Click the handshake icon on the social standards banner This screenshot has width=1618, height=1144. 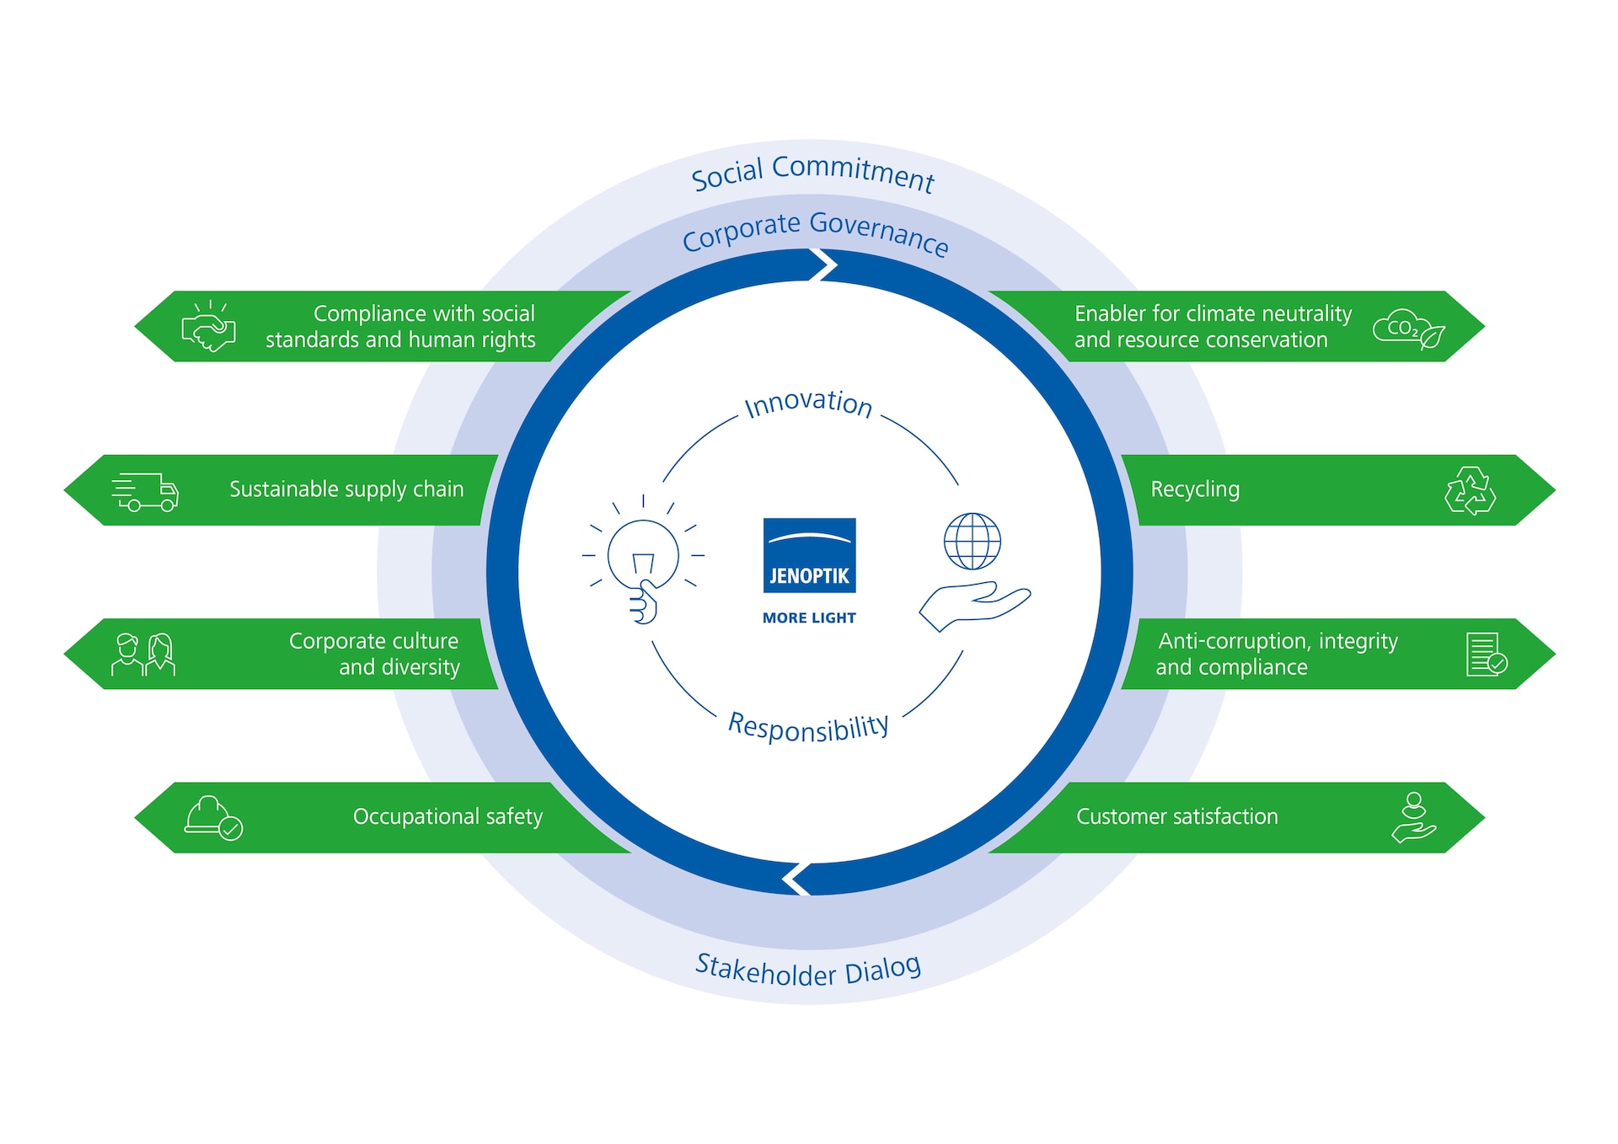click(x=208, y=327)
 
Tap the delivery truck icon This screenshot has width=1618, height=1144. click(x=145, y=491)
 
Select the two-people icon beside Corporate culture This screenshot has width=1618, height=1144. click(x=143, y=655)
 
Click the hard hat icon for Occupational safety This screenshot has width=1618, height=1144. click(x=213, y=818)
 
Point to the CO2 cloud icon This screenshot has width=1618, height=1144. click(x=1408, y=329)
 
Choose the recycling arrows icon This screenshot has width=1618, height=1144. click(x=1470, y=491)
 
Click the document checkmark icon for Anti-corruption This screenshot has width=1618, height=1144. click(x=1486, y=655)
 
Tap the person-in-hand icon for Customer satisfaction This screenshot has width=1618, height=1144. click(x=1413, y=817)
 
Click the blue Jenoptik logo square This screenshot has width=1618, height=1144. click(x=809, y=555)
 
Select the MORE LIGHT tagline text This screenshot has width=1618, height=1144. click(x=809, y=617)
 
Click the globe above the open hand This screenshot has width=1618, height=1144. click(x=972, y=541)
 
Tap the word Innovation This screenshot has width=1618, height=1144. click(x=808, y=403)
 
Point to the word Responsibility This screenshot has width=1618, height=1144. click(x=808, y=727)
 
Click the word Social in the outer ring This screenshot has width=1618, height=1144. click(x=727, y=174)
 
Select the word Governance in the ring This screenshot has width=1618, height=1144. click(x=879, y=232)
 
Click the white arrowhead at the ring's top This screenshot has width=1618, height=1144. click(x=824, y=265)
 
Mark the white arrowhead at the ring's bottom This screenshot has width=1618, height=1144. click(x=796, y=879)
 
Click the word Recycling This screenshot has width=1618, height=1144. click(x=1194, y=489)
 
